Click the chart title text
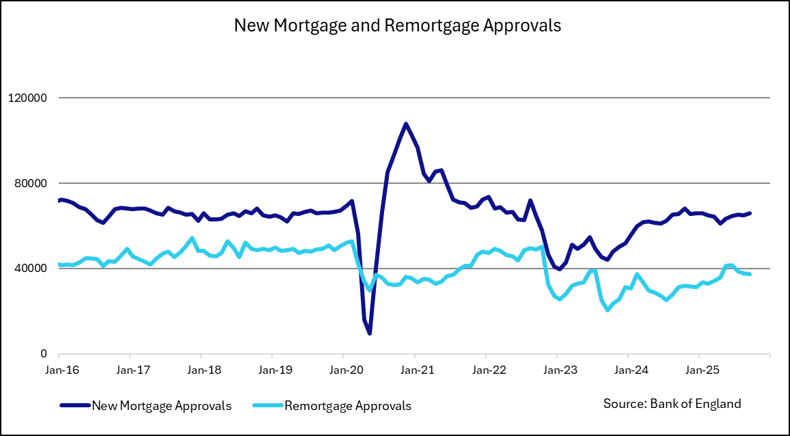coord(397,25)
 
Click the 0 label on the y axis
coord(42,354)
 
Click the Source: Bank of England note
coord(672,403)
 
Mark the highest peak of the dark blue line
coord(406,124)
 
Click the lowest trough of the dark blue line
coord(370,333)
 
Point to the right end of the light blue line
coord(750,274)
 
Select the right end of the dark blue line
coord(750,213)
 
